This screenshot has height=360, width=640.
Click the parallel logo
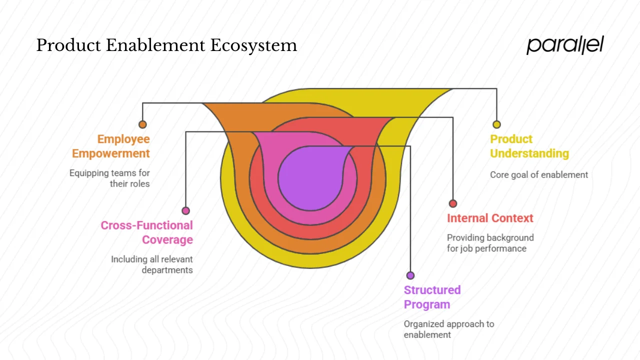pyautogui.click(x=565, y=45)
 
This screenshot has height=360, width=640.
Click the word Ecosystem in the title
pyautogui.click(x=253, y=45)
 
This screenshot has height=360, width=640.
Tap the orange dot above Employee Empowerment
pyautogui.click(x=142, y=124)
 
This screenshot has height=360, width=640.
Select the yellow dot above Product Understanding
pyautogui.click(x=496, y=124)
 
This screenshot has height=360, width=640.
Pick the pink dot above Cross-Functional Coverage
pyautogui.click(x=185, y=210)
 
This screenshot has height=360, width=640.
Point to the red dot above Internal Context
pyautogui.click(x=453, y=203)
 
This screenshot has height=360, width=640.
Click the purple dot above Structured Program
pyautogui.click(x=410, y=275)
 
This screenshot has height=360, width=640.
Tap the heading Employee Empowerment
pyautogui.click(x=111, y=146)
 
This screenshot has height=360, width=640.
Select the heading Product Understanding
pyautogui.click(x=529, y=146)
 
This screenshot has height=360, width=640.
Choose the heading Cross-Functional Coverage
pyautogui.click(x=147, y=232)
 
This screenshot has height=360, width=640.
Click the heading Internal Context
pyautogui.click(x=490, y=218)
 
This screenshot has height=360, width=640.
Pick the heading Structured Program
pyautogui.click(x=432, y=297)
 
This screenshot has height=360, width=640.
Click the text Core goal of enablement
pyautogui.click(x=539, y=175)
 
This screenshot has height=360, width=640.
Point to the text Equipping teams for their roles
pyautogui.click(x=110, y=178)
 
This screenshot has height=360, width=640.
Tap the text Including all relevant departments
pyautogui.click(x=152, y=264)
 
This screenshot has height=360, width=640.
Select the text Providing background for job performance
pyautogui.click(x=490, y=243)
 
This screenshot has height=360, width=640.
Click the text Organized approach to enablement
pyautogui.click(x=448, y=329)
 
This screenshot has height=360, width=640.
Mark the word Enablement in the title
pyautogui.click(x=156, y=45)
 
